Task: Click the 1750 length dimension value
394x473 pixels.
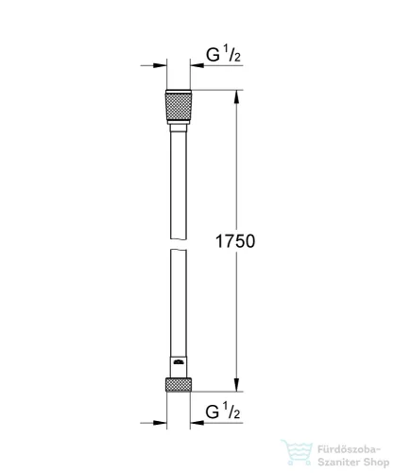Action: click(235, 240)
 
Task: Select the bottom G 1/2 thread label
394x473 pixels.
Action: click(224, 412)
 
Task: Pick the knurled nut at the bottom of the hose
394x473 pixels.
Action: click(178, 385)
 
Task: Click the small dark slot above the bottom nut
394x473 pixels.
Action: click(179, 363)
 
